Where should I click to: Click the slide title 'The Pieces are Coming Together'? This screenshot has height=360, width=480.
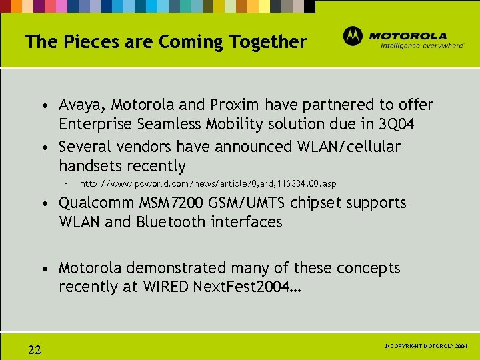[x=165, y=42]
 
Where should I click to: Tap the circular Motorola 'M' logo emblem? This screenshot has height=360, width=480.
[x=353, y=36]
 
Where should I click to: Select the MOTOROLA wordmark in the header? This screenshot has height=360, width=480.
[x=408, y=36]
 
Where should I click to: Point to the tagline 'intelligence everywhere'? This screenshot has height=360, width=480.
[x=422, y=46]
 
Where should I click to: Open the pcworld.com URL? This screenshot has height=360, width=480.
[x=208, y=183]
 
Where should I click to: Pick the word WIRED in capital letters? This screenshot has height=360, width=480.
[x=165, y=287]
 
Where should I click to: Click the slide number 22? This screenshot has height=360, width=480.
[x=35, y=350]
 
